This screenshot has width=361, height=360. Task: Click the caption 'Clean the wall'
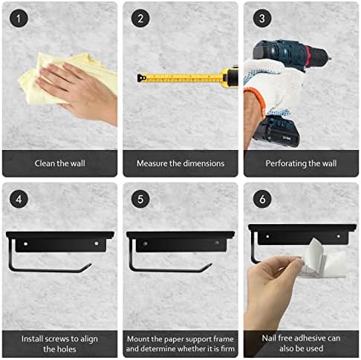[x=59, y=163]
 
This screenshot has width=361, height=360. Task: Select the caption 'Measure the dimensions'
[x=180, y=163]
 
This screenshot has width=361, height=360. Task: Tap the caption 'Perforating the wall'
[x=301, y=163]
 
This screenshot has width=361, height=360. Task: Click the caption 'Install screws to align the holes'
[x=59, y=342]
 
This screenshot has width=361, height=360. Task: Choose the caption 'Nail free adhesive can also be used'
[x=301, y=342]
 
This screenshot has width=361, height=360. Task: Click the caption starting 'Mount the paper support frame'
[x=180, y=342]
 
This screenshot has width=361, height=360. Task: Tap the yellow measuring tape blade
[x=178, y=76]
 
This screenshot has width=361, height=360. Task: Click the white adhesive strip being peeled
[x=312, y=256]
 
